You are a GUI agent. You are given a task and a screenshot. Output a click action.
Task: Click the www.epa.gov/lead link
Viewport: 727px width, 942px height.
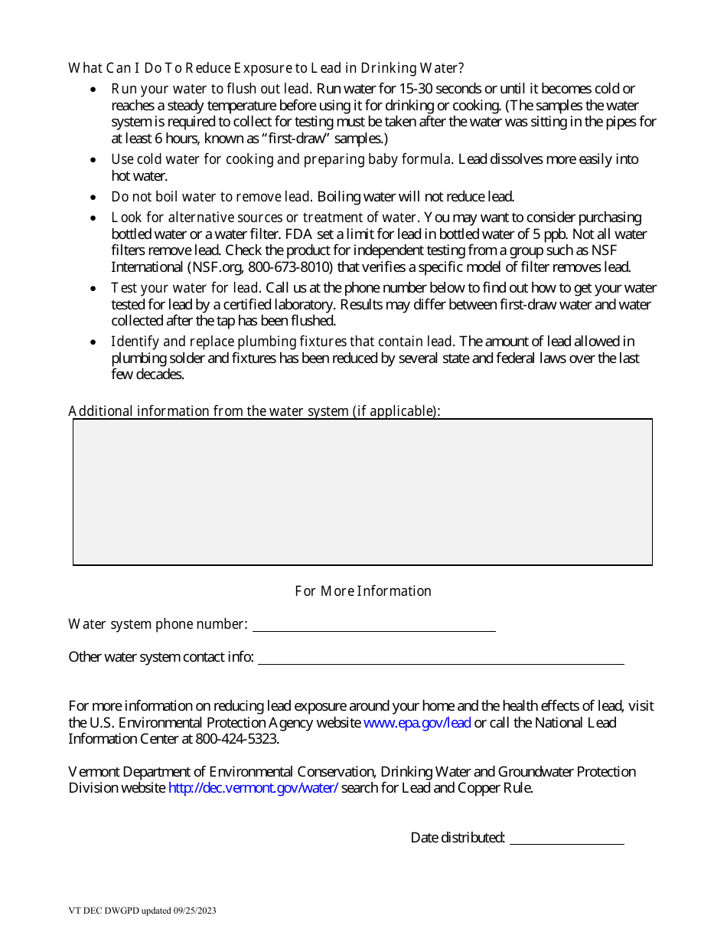tap(417, 723)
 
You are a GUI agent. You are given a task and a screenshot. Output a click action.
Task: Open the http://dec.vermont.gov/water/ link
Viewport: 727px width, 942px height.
tap(253, 788)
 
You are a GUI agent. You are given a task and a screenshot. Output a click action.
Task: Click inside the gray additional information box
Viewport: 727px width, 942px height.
tap(363, 492)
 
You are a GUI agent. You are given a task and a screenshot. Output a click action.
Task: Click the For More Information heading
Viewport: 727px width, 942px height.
tap(363, 591)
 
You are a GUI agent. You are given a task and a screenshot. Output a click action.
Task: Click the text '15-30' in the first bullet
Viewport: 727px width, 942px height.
tap(414, 89)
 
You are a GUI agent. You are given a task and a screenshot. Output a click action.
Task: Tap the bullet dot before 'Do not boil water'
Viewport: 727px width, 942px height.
tap(93, 198)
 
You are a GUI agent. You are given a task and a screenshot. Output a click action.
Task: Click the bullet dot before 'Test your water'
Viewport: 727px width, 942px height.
tap(93, 289)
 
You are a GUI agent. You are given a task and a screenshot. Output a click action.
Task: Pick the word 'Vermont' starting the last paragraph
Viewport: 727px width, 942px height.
tap(93, 772)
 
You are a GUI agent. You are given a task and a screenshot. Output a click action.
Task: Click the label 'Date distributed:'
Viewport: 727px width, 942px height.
tap(458, 838)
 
